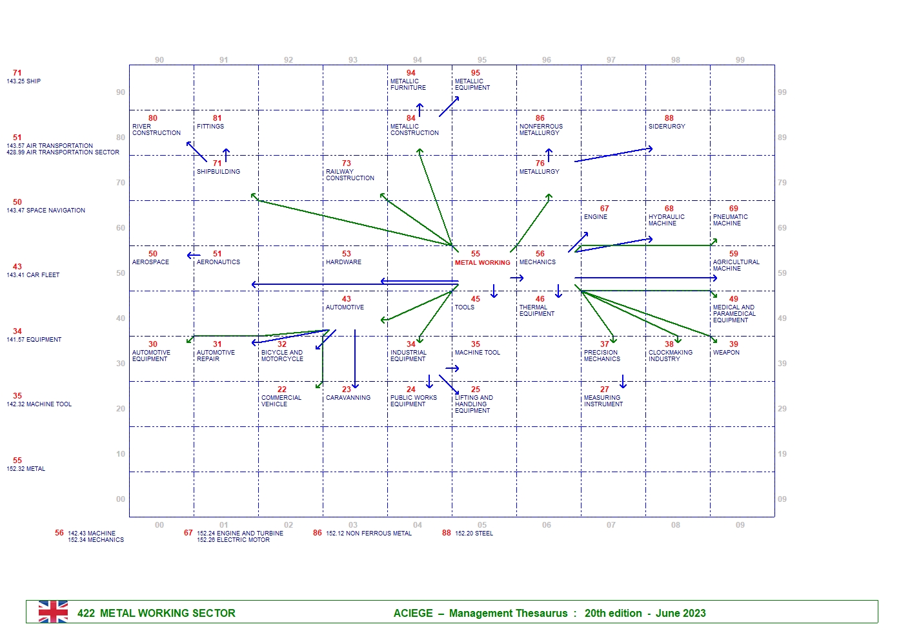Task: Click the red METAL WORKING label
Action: click(482, 263)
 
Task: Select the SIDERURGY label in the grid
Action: click(667, 127)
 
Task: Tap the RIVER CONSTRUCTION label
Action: click(156, 130)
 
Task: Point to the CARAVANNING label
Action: click(348, 398)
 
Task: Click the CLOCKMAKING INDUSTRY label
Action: click(670, 356)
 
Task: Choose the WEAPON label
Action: click(726, 353)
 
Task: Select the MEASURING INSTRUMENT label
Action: click(603, 401)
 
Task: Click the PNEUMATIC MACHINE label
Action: click(730, 220)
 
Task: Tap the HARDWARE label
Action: click(343, 262)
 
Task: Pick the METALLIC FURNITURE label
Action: click(408, 85)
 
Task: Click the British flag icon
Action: click(53, 612)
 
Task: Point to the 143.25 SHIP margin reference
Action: click(24, 81)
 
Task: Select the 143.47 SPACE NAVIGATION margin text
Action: click(46, 211)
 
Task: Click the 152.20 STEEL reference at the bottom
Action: click(474, 534)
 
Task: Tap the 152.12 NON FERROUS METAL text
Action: click(369, 534)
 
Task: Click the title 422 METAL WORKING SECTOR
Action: click(156, 613)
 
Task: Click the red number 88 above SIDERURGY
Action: click(669, 118)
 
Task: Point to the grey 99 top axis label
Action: click(740, 60)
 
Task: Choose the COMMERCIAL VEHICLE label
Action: click(281, 401)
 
